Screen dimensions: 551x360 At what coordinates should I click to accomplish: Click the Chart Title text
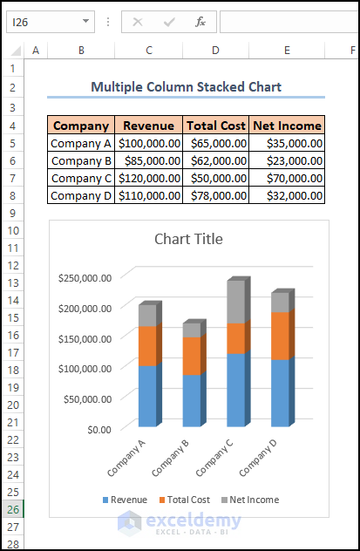188,239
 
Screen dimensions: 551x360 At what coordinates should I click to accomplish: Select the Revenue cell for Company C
149,178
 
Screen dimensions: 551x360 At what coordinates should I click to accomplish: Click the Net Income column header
287,126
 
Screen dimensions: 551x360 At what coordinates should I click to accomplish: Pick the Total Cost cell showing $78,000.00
215,195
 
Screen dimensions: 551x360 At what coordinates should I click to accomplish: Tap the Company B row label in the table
81,160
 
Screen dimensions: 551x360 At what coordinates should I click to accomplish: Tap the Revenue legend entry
125,500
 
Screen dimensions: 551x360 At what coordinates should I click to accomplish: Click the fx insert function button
200,22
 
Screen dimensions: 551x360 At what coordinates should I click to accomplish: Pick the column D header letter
215,51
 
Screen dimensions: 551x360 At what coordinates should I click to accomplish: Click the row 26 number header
12,509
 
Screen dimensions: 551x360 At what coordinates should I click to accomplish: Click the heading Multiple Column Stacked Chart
186,86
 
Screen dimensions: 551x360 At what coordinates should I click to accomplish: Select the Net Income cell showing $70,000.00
287,178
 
